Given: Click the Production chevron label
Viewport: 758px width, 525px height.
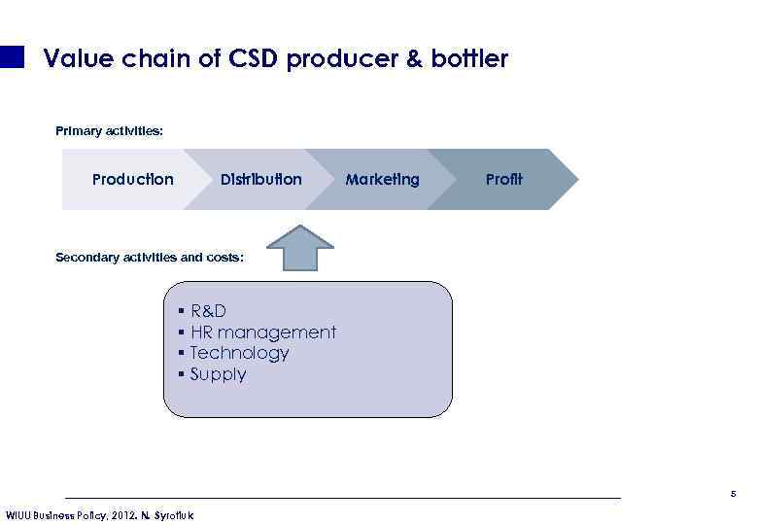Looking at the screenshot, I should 132,180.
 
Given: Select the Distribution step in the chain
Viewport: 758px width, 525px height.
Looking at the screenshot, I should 260,180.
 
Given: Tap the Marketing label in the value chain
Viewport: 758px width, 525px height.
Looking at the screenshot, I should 382,180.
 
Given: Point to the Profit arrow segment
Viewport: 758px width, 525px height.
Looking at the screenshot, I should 503,180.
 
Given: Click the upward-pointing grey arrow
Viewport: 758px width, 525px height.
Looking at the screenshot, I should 300,248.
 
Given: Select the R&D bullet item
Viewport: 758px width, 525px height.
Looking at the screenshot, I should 208,311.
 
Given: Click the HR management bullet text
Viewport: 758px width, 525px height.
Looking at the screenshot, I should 262,332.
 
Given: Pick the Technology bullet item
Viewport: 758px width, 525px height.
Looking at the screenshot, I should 239,353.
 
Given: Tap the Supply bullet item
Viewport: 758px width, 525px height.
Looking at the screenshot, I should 218,374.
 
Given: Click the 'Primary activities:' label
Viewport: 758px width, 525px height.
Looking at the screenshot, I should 109,130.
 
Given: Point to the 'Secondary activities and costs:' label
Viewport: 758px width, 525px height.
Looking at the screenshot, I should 149,258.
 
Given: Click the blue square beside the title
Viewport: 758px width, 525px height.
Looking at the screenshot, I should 12,57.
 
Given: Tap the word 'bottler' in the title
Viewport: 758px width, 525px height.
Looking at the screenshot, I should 469,59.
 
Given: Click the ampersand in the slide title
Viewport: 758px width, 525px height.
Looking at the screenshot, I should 414,59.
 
